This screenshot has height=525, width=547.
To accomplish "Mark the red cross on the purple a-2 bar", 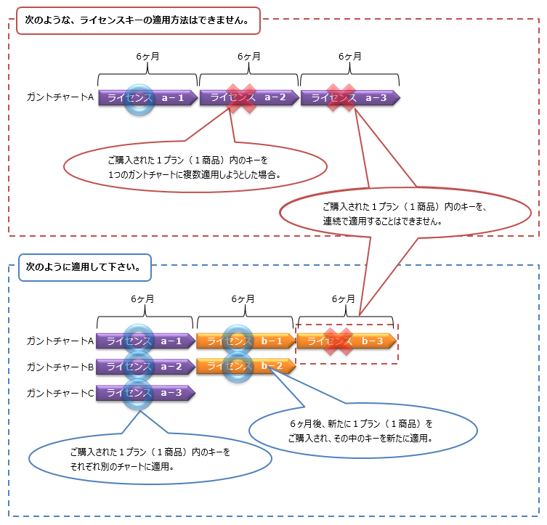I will click(x=243, y=98).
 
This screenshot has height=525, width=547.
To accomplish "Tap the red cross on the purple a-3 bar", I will click(x=341, y=98).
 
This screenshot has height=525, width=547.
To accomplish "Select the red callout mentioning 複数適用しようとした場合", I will click(x=194, y=166).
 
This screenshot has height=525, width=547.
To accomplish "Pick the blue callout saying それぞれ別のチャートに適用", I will click(x=150, y=459).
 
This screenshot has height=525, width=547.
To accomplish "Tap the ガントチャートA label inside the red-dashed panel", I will click(x=60, y=97).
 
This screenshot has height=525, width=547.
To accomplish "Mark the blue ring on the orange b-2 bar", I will click(x=238, y=366).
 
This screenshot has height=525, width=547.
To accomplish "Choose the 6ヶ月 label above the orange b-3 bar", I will click(x=343, y=299).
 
